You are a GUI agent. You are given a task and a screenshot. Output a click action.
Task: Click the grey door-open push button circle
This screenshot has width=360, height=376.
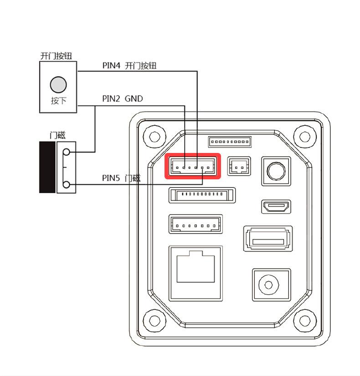[58, 84]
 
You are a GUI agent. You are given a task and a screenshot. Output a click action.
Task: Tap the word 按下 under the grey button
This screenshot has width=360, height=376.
[58, 101]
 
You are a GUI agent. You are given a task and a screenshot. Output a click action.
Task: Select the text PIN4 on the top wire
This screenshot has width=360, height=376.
[112, 66]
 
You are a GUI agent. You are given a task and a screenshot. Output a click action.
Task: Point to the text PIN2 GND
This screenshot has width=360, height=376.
[122, 98]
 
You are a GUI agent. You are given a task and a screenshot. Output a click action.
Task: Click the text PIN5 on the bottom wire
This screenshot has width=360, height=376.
[111, 178]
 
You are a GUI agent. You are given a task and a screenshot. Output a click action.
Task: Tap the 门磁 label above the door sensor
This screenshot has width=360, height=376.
[57, 135]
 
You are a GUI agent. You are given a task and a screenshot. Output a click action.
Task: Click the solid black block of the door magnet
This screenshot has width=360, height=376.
[47, 167]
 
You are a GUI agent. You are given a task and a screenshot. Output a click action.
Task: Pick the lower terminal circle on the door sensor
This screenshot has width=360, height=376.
[67, 184]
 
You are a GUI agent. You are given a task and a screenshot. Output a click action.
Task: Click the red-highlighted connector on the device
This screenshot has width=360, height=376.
[193, 167]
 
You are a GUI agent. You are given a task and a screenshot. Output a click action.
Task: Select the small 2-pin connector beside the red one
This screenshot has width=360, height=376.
[239, 167]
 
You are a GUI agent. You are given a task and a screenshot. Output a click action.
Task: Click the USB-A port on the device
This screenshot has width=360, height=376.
[267, 239]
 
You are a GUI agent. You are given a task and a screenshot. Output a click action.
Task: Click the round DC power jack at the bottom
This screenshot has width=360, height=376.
[271, 285]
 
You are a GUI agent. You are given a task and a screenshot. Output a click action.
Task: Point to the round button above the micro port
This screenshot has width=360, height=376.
[275, 171]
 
